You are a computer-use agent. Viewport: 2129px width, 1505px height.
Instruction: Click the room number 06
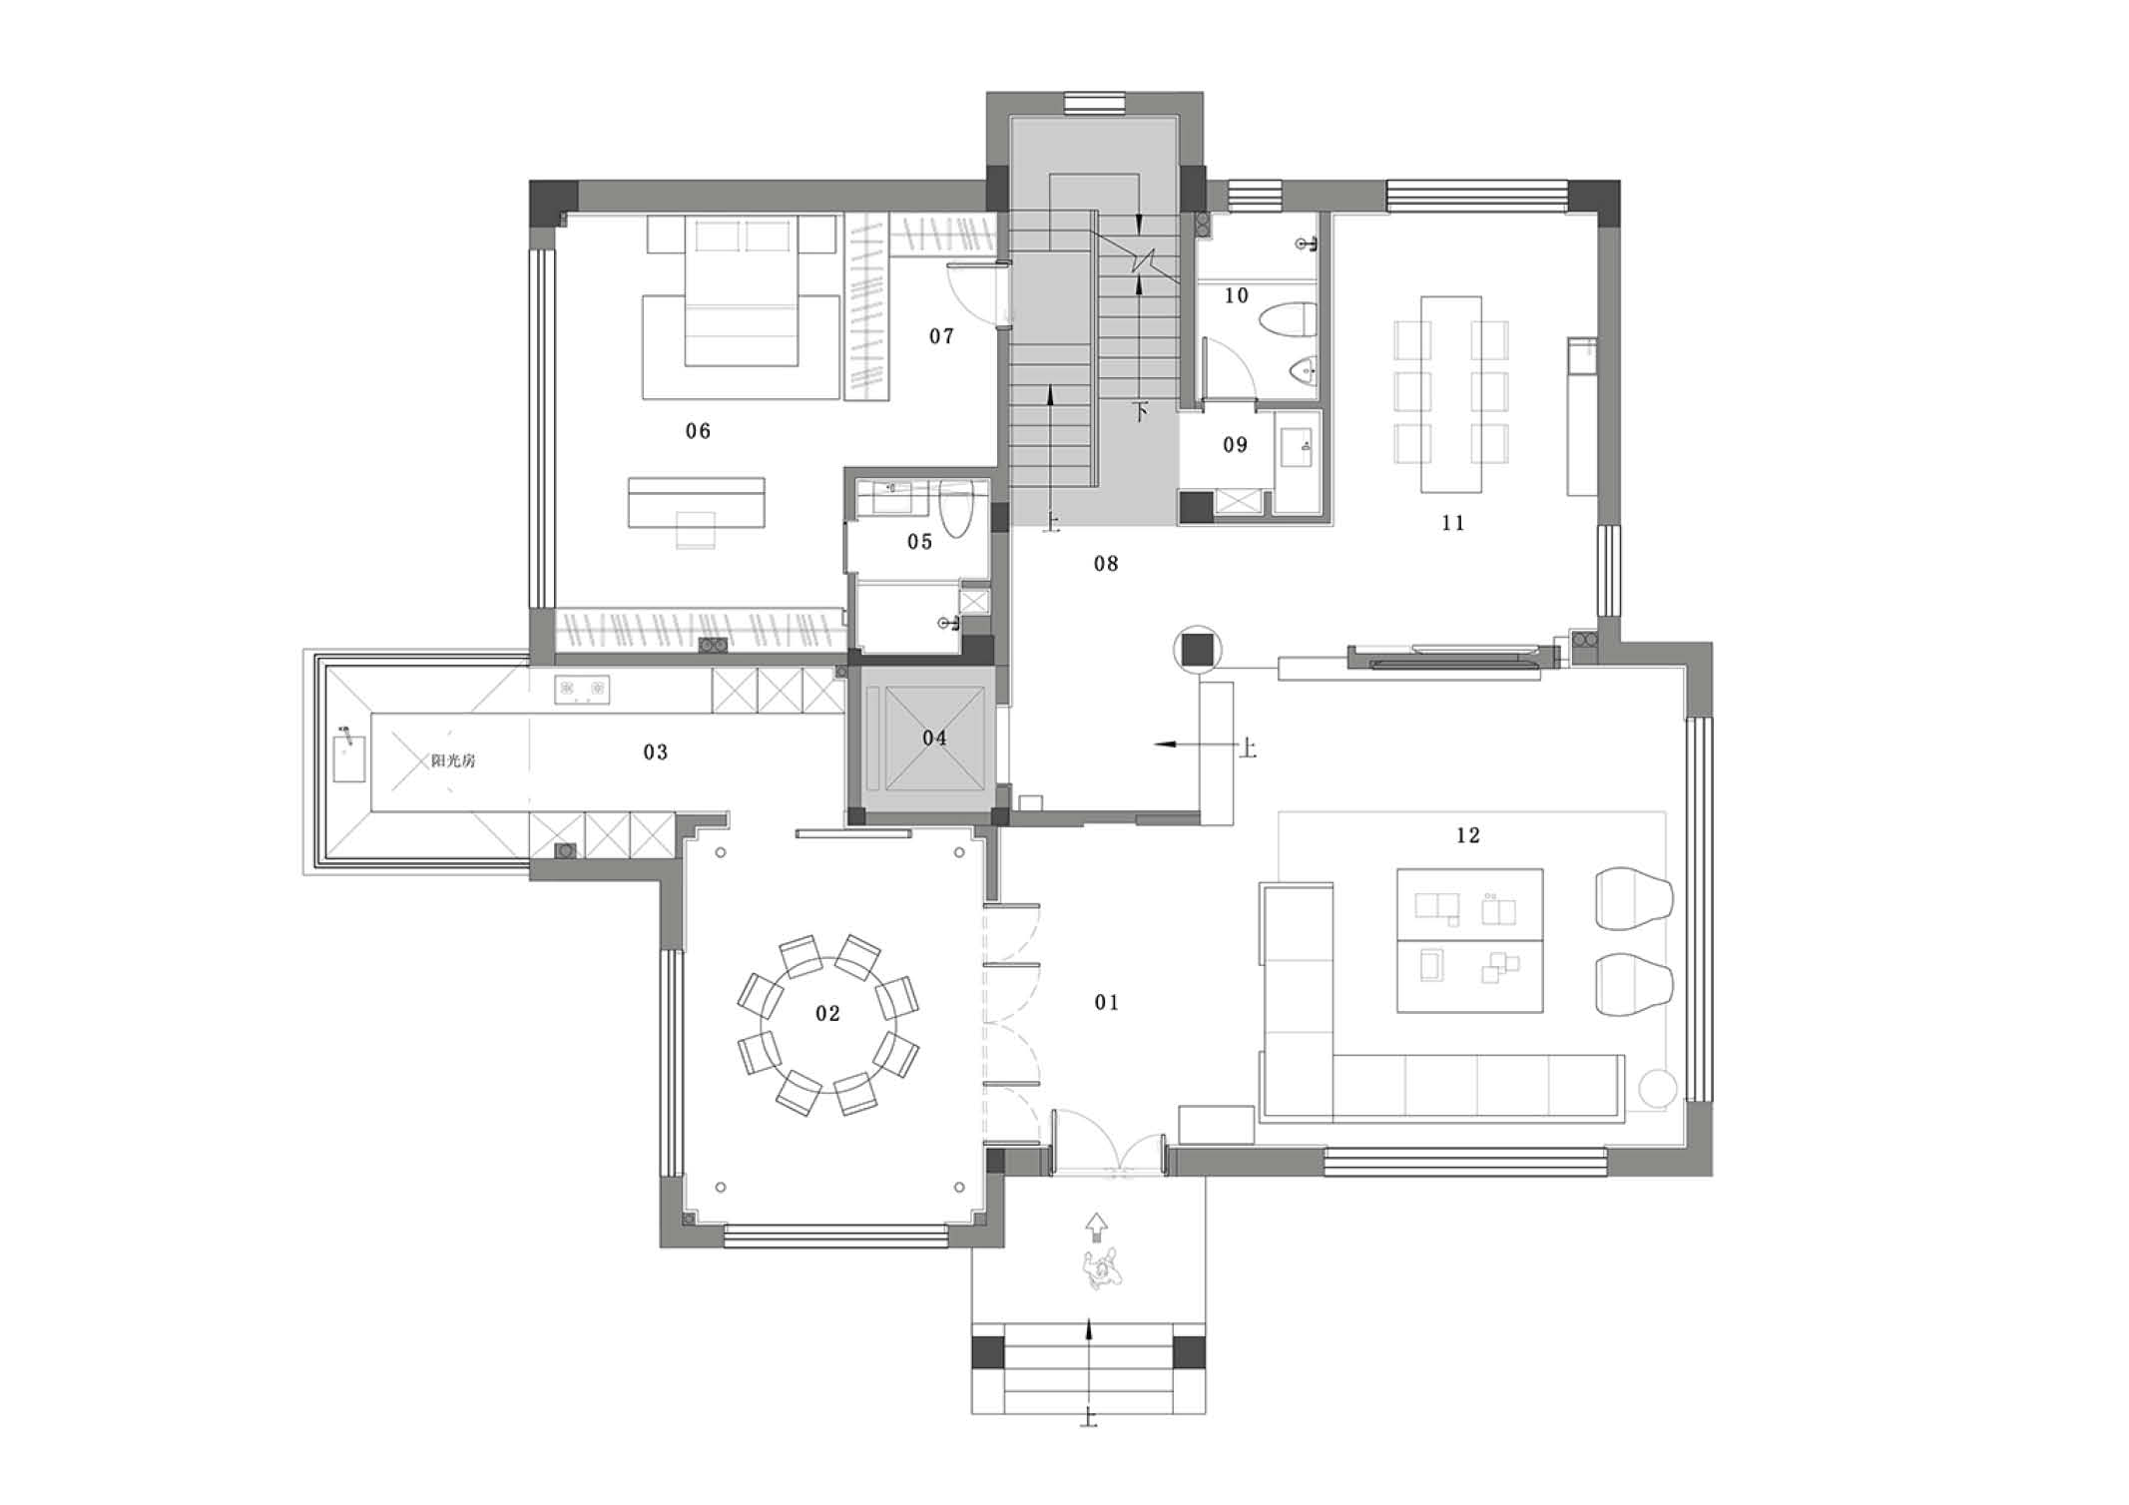point(698,431)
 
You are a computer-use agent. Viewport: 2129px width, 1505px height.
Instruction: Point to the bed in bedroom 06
point(741,290)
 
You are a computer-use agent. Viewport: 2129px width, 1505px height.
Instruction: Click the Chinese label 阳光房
point(453,760)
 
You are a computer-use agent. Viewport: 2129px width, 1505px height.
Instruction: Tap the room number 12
point(1467,835)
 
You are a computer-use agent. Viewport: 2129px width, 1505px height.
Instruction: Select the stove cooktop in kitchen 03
point(582,689)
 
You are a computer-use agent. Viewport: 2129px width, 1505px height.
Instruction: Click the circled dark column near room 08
point(1197,650)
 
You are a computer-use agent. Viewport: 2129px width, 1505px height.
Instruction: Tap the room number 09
point(1235,445)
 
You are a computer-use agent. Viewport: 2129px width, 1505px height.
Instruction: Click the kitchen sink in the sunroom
point(348,758)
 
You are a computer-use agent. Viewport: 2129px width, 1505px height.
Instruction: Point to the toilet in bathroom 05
point(955,509)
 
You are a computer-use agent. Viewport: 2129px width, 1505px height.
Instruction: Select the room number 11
point(1452,523)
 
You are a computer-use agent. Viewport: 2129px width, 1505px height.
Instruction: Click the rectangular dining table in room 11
point(1451,393)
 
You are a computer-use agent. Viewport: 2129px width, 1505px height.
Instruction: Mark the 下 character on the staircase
point(1141,411)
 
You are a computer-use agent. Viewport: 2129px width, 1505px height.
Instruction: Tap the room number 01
point(1106,1002)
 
